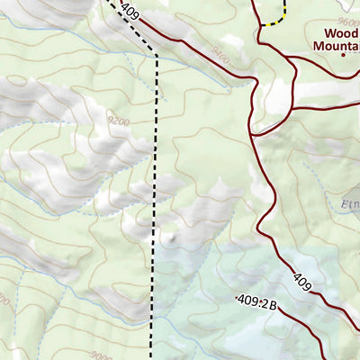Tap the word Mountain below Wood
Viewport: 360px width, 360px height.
[x=336, y=45]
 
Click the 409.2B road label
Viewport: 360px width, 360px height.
[x=255, y=301]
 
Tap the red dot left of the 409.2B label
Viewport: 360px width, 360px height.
[x=236, y=298]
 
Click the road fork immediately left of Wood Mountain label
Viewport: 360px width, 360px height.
[x=290, y=58]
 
